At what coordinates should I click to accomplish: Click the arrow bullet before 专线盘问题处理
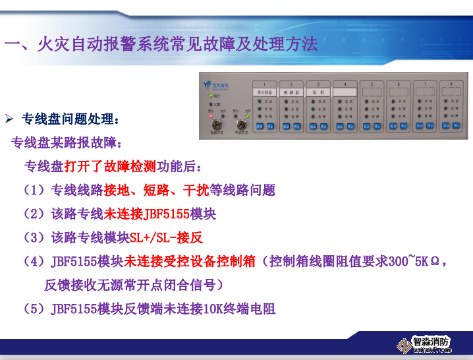(10, 119)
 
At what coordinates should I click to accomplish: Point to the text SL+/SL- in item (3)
(153, 237)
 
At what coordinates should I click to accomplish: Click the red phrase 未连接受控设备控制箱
(190, 261)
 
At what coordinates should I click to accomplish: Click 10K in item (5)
(213, 309)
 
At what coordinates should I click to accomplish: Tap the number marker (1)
(34, 190)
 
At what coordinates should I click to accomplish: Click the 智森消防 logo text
(431, 342)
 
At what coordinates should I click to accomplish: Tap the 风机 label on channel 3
(318, 92)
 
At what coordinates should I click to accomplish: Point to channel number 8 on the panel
(451, 83)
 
